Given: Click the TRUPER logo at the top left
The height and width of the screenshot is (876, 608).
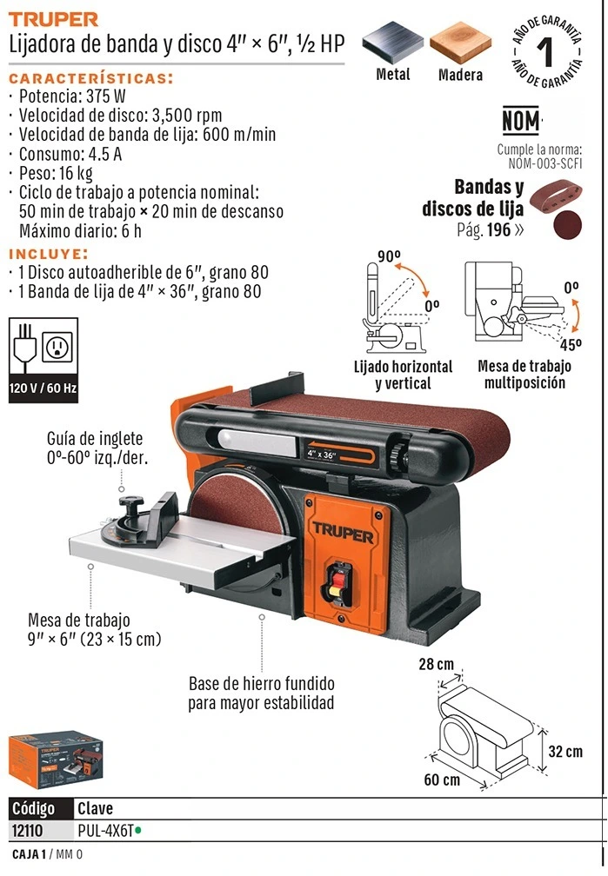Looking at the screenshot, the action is click(53, 19).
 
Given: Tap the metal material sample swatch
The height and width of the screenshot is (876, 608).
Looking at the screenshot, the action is click(393, 43).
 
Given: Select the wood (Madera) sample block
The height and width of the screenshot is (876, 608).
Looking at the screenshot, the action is click(460, 43).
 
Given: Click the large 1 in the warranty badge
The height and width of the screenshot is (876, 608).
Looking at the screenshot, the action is click(545, 52).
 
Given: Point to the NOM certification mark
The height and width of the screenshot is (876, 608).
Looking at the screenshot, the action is click(521, 121).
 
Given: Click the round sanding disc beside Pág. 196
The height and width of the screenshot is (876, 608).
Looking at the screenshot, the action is click(567, 224).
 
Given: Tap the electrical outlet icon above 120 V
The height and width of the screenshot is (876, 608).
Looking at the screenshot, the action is click(57, 348).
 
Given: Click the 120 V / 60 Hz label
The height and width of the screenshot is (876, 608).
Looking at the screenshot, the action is click(43, 388).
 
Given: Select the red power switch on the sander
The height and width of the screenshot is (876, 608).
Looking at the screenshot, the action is click(337, 584).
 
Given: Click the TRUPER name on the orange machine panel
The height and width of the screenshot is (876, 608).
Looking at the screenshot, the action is click(343, 533).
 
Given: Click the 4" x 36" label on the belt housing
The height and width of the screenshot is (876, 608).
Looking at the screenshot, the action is click(321, 455).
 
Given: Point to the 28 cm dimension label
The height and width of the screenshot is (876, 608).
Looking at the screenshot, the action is click(437, 664).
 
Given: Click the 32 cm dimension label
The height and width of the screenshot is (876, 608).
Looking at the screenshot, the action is click(565, 752).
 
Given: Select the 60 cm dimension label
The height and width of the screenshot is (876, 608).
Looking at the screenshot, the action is click(442, 780).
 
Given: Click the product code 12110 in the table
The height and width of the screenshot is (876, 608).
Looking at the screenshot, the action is click(27, 831).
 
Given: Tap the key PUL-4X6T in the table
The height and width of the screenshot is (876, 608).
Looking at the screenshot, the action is click(106, 831).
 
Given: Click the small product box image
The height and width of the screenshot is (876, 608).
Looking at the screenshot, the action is click(56, 759).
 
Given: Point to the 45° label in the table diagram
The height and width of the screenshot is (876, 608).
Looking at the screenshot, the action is click(571, 345).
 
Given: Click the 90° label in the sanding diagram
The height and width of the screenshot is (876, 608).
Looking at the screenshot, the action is click(390, 256).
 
